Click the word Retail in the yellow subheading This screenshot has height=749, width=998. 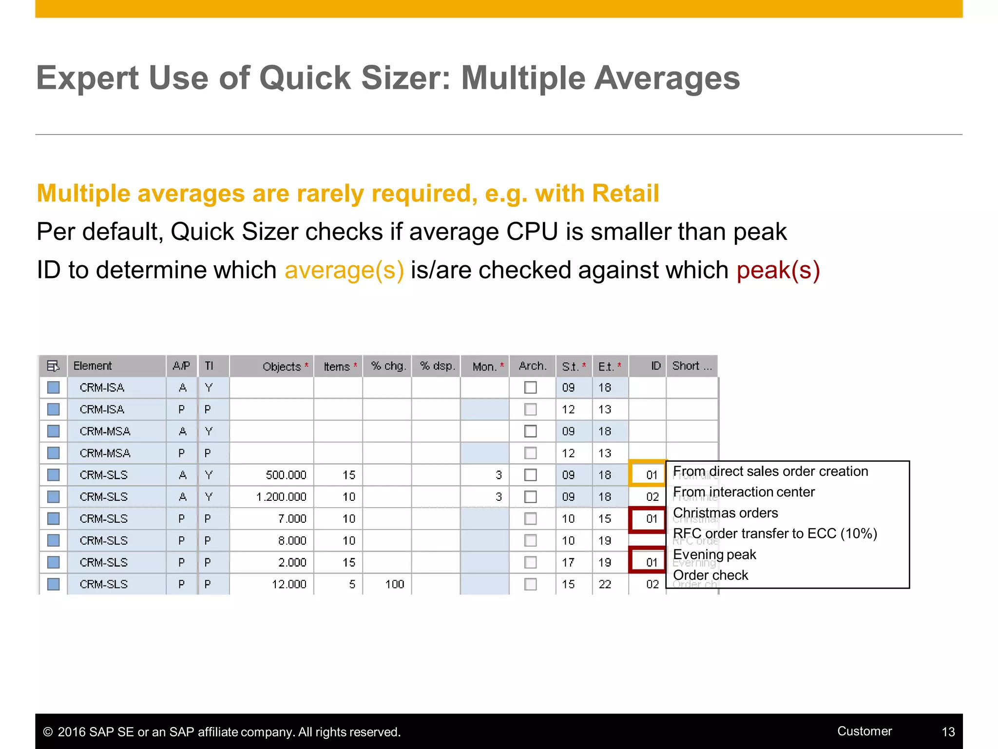tap(625, 193)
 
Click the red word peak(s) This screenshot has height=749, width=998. tap(778, 270)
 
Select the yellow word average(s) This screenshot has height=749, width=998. tap(344, 270)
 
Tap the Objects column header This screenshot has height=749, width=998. tap(282, 366)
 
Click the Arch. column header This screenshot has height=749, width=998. tap(532, 366)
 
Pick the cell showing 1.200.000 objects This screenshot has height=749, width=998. tap(281, 497)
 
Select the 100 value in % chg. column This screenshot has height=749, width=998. tap(394, 584)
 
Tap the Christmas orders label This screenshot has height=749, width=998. tap(725, 513)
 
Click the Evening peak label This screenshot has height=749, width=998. tap(714, 554)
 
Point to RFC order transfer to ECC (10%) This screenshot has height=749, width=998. tap(775, 533)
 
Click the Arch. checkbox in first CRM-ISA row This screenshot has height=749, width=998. tap(530, 388)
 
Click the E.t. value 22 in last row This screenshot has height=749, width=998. tap(605, 584)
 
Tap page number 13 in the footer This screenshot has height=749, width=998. tap(948, 732)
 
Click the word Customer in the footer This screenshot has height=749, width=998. tap(864, 731)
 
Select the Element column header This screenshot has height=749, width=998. tap(93, 366)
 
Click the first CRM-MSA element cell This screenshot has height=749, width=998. tap(105, 432)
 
